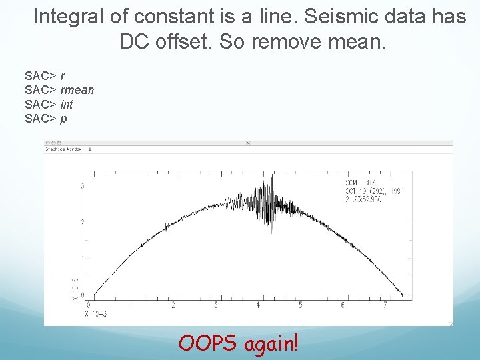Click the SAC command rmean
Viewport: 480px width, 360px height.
pos(77,90)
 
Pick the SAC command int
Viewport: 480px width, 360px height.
pos(67,105)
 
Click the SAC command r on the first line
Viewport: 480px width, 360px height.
pos(62,75)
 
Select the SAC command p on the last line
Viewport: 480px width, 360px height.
pos(63,119)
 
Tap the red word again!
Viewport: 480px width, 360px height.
pos(272,344)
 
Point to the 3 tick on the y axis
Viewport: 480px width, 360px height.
pos(82,185)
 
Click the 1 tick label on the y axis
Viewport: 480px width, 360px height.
pos(82,259)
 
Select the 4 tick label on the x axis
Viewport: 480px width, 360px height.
pos(257,306)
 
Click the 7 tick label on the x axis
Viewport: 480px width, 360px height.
pos(385,306)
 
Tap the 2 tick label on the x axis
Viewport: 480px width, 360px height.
pos(173,306)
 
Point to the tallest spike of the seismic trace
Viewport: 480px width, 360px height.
pos(272,176)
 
